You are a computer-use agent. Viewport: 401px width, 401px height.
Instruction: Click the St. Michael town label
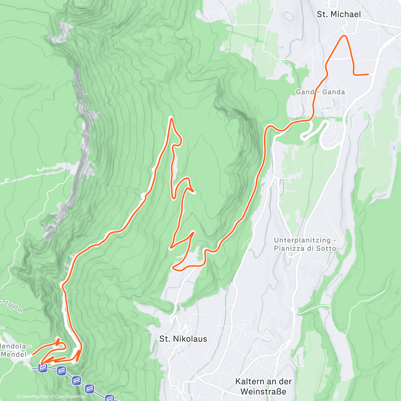(x=339, y=14)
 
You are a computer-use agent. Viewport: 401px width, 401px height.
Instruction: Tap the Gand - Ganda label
(x=320, y=92)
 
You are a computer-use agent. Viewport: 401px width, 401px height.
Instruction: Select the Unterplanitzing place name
(x=302, y=240)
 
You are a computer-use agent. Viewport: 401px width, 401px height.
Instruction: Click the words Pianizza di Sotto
(x=305, y=248)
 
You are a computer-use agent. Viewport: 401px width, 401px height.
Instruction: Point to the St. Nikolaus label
(x=183, y=339)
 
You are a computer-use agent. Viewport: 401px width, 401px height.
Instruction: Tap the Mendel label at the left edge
(x=13, y=354)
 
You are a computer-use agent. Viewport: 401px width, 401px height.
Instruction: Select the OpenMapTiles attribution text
(x=35, y=397)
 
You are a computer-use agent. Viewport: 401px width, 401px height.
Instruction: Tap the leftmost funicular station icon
(x=42, y=368)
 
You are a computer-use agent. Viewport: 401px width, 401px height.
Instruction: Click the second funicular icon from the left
(x=61, y=370)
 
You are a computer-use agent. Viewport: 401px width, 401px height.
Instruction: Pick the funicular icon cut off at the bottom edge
(x=110, y=398)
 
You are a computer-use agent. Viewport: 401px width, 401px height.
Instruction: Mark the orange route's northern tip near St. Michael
(x=343, y=36)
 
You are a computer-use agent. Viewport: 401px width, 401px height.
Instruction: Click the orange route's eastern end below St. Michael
(x=368, y=75)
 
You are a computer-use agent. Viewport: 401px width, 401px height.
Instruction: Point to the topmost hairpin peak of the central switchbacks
(x=171, y=118)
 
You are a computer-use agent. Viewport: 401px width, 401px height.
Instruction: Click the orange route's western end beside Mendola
(x=33, y=354)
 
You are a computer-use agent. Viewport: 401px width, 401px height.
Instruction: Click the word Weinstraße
(x=263, y=391)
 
